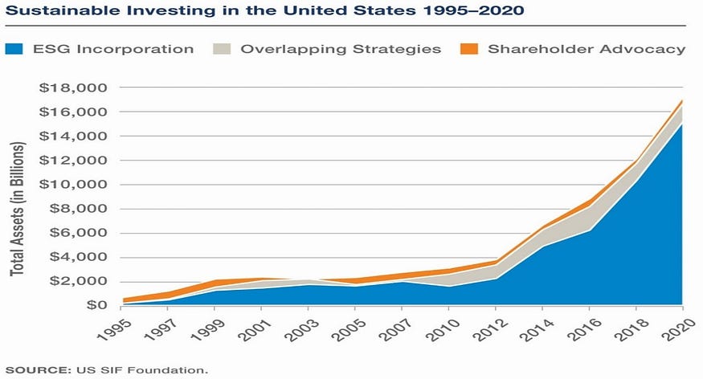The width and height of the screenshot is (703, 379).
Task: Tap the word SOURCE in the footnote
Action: click(37, 370)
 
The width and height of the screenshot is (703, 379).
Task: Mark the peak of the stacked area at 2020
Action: click(682, 100)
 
